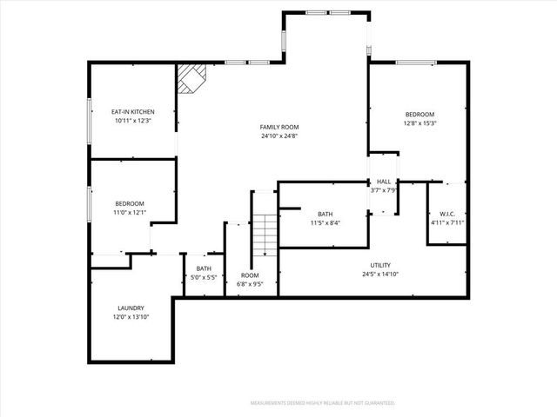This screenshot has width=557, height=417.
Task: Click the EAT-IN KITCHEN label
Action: [x=132, y=112]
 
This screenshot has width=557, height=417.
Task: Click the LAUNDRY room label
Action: [x=131, y=308]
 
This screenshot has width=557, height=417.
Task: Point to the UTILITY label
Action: [x=380, y=265]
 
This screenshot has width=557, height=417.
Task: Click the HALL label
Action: [x=383, y=182]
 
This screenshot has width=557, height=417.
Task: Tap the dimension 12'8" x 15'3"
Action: [x=419, y=123]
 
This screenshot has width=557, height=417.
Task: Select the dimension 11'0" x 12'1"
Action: [x=130, y=212]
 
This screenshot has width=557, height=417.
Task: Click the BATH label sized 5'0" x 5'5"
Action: [x=204, y=268]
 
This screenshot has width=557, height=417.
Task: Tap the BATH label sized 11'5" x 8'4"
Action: [x=325, y=214]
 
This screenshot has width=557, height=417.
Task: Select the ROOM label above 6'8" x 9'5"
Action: [x=250, y=275]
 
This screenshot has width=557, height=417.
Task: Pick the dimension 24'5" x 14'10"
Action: [x=380, y=275]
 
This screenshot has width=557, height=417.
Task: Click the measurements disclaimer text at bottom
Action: [x=322, y=403]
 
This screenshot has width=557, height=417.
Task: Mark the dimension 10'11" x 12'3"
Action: [x=132, y=121]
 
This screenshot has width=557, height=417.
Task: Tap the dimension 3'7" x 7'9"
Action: [x=383, y=190]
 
